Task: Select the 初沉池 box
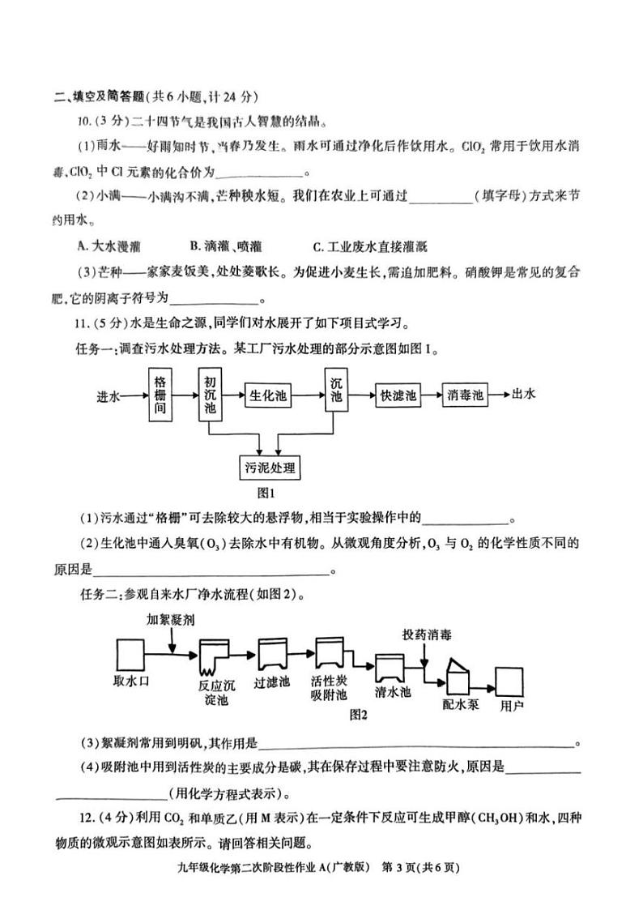[x=211, y=395]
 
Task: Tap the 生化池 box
[x=266, y=395]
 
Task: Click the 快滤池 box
[x=398, y=395]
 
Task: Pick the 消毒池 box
[x=465, y=395]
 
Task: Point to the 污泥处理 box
[x=269, y=468]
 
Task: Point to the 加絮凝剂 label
[x=170, y=620]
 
